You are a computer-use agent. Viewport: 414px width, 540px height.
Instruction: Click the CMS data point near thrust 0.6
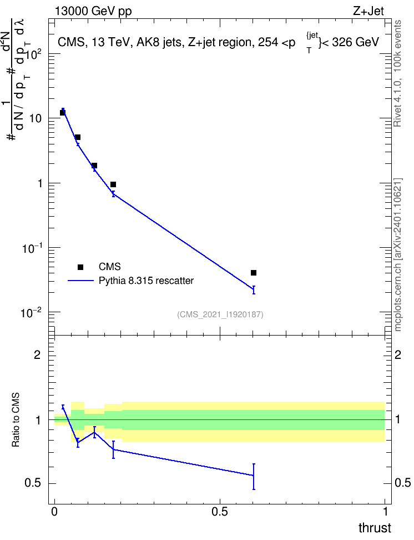click(254, 273)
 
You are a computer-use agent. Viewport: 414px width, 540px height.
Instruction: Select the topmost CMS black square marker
click(63, 113)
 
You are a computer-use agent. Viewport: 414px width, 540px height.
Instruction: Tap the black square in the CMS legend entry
click(80, 267)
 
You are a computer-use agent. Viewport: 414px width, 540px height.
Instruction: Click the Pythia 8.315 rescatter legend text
click(147, 281)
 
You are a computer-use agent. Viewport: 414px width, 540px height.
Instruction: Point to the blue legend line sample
click(80, 281)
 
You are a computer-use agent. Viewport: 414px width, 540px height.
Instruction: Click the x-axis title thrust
click(375, 528)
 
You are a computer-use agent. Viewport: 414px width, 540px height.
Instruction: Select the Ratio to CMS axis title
click(16, 420)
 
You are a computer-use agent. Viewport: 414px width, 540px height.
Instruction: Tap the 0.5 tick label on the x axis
click(220, 512)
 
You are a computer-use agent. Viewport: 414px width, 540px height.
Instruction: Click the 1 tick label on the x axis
click(385, 512)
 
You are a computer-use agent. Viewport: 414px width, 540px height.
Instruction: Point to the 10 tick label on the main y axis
click(36, 118)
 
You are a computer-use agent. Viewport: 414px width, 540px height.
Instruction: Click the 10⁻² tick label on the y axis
click(31, 313)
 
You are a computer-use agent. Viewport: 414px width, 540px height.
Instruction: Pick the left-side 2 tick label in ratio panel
click(37, 354)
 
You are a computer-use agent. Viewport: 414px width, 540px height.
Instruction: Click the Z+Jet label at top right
click(368, 11)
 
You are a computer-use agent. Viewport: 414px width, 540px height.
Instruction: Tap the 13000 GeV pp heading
click(93, 11)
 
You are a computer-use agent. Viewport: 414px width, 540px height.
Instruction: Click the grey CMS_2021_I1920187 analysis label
click(220, 314)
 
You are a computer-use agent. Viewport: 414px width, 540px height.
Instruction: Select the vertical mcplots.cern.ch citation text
click(398, 254)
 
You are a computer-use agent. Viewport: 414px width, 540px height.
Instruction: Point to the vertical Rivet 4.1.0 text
click(397, 73)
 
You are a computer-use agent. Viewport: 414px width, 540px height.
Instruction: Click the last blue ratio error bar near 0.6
click(254, 477)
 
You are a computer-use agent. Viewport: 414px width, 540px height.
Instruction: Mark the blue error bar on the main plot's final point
click(254, 289)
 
